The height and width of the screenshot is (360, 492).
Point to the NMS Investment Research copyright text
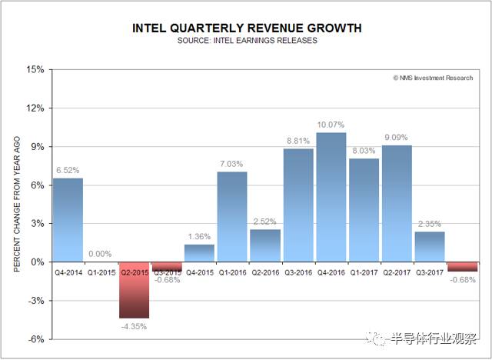[x=432, y=78]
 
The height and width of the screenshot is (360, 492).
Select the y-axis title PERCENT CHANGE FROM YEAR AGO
[x=17, y=203]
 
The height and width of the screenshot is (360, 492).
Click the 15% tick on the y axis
[x=35, y=69]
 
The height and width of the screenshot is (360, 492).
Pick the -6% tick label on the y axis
[x=35, y=339]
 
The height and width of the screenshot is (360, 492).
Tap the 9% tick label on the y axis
[x=37, y=146]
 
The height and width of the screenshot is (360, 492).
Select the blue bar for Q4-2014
[x=67, y=220]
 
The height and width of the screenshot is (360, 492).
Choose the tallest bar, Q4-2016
[x=331, y=197]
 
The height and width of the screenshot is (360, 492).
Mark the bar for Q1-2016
[x=232, y=216]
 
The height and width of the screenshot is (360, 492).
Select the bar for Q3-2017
[x=430, y=246]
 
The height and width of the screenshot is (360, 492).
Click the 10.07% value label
[x=331, y=125]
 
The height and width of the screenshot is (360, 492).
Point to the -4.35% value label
[x=133, y=326]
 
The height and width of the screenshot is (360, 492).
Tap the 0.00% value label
[x=100, y=254]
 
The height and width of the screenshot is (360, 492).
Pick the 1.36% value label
[x=199, y=236]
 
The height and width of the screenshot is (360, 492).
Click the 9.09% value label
[x=397, y=138]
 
